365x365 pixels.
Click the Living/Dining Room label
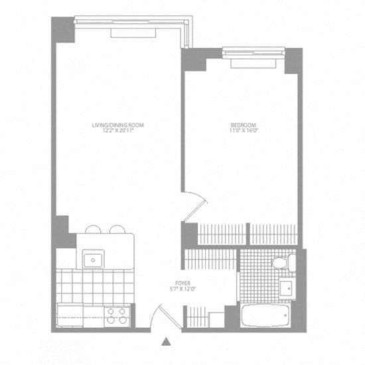click(118, 125)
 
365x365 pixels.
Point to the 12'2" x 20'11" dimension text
click(118, 131)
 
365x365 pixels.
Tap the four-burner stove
click(117, 315)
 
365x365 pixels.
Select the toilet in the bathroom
click(282, 262)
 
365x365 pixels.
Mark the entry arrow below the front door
click(167, 341)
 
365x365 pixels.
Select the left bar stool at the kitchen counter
click(93, 230)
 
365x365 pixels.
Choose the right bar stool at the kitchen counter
click(117, 230)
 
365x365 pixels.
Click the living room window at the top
click(129, 22)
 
